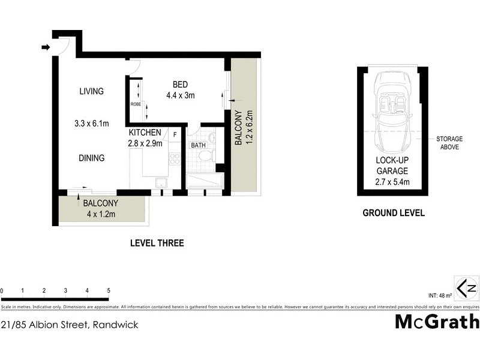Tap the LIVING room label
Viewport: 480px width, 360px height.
click(92, 91)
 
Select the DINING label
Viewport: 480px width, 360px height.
click(92, 158)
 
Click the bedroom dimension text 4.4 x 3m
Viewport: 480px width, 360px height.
click(181, 95)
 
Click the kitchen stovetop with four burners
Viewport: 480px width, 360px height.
click(175, 158)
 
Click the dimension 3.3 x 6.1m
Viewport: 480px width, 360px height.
click(92, 124)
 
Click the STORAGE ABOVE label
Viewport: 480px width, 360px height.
click(449, 143)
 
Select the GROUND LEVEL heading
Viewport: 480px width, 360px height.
click(394, 213)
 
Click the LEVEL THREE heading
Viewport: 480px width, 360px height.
click(157, 243)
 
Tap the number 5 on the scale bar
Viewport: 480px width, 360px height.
click(109, 291)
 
